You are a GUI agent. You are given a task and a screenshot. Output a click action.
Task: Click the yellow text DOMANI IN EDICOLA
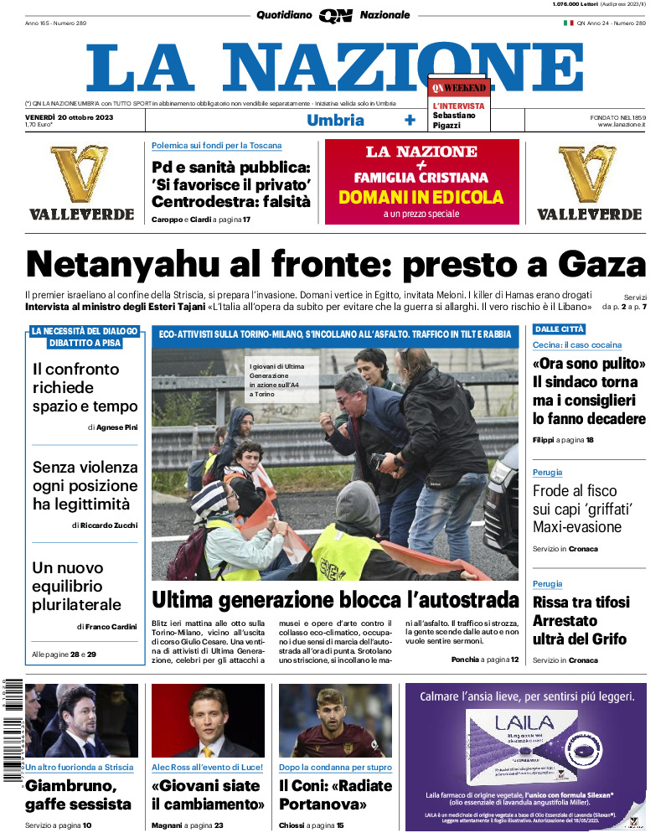[x=421, y=198]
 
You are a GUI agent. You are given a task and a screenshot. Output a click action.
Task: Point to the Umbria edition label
[x=335, y=120]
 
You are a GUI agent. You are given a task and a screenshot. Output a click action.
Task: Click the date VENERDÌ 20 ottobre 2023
[x=69, y=116]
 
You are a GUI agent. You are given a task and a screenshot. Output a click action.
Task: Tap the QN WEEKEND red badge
[x=458, y=87]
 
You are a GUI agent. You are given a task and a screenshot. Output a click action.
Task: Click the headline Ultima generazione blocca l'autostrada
[x=335, y=600]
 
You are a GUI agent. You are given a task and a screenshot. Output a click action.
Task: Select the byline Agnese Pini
[x=119, y=427]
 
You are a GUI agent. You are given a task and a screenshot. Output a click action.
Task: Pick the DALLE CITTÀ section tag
[x=560, y=329]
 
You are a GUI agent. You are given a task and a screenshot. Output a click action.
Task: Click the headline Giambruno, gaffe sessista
[x=78, y=794]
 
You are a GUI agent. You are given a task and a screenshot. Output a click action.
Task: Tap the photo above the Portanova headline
[x=335, y=721]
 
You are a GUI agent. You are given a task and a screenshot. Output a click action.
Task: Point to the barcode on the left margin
[x=11, y=729]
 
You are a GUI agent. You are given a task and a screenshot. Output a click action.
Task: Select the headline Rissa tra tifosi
[x=581, y=603]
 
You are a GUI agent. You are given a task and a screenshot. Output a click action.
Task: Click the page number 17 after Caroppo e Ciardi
[x=246, y=220]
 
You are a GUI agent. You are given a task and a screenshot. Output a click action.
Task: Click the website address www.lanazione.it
[x=621, y=125]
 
